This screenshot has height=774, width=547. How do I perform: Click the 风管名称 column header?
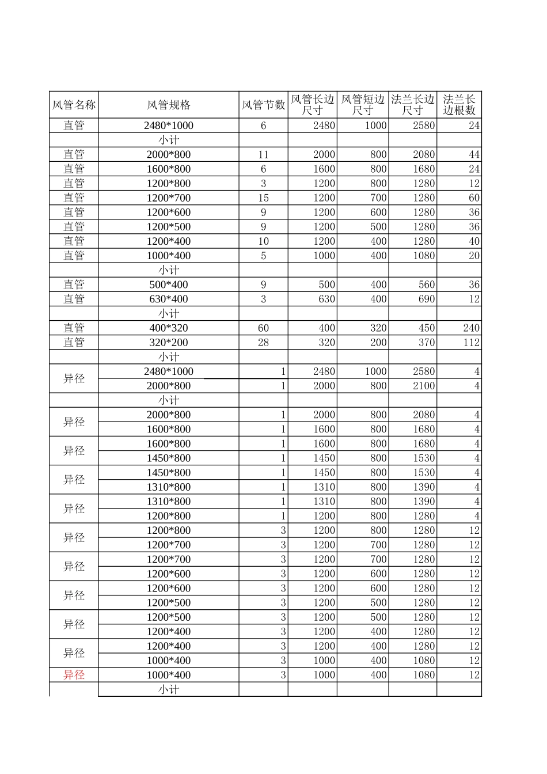[74, 105]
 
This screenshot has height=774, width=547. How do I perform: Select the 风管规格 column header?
[169, 105]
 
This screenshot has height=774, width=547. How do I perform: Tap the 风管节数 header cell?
[263, 105]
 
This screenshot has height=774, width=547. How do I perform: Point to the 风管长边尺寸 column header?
[312, 105]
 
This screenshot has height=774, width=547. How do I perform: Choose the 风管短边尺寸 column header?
[363, 105]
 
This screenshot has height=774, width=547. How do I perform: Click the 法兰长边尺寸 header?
[412, 105]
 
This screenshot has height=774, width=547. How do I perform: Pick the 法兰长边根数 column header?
[459, 105]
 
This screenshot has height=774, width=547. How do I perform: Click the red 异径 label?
[74, 675]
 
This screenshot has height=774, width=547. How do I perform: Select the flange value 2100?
[424, 386]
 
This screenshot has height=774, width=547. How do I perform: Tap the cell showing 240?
[471, 328]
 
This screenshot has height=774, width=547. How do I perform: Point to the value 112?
[471, 342]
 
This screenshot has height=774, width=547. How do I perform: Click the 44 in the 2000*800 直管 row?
[474, 154]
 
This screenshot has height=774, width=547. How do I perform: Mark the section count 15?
[263, 198]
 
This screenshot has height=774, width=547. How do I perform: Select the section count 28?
[263, 342]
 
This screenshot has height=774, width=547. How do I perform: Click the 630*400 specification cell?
[169, 299]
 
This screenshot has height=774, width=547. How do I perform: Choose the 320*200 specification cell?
[169, 342]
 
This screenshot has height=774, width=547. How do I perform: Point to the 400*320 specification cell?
[169, 328]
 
